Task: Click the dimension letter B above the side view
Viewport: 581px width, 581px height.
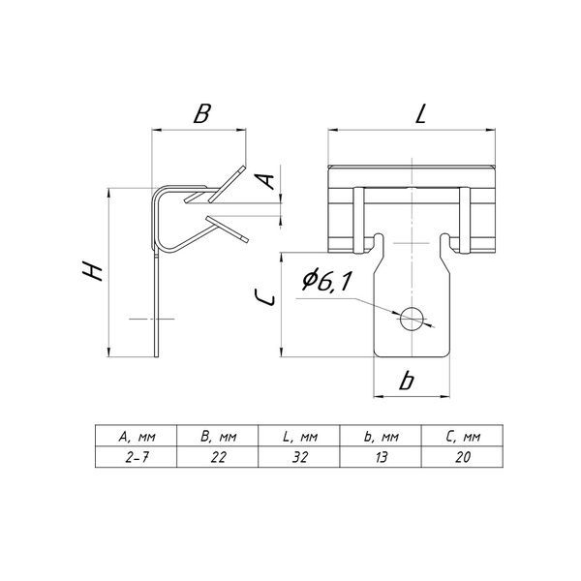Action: pyautogui.click(x=202, y=113)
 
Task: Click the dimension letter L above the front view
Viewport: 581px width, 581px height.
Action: pyautogui.click(x=421, y=113)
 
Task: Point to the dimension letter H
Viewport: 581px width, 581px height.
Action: pyautogui.click(x=92, y=271)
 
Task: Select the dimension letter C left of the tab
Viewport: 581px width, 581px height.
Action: pyautogui.click(x=265, y=297)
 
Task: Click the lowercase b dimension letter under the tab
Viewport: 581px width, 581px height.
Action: pyautogui.click(x=407, y=381)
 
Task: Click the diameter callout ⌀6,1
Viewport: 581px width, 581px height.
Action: pyautogui.click(x=326, y=281)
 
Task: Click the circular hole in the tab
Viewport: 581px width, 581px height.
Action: pyautogui.click(x=413, y=319)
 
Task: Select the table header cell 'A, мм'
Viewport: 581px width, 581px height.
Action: pyautogui.click(x=137, y=436)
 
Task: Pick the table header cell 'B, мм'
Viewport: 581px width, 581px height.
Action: pyautogui.click(x=218, y=436)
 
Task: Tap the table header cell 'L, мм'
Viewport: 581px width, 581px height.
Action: pyautogui.click(x=299, y=436)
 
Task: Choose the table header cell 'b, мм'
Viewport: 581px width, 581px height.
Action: pyautogui.click(x=381, y=436)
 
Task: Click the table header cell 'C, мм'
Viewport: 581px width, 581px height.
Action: pyautogui.click(x=463, y=436)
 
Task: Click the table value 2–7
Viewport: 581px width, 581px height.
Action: pyautogui.click(x=137, y=458)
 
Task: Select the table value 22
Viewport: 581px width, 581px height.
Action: pyautogui.click(x=218, y=458)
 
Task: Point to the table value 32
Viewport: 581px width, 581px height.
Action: pyautogui.click(x=300, y=458)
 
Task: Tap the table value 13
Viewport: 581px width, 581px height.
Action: pyautogui.click(x=381, y=458)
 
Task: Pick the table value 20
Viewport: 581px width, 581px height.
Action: pyautogui.click(x=463, y=458)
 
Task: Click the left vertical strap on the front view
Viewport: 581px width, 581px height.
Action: pyautogui.click(x=358, y=221)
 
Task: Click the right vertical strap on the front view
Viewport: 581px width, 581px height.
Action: pyautogui.click(x=465, y=221)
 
